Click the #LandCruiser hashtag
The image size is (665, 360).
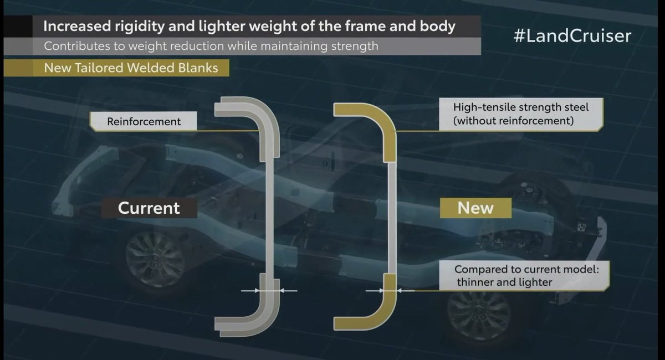572,37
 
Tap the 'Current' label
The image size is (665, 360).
149,208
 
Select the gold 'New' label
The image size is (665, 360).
475,208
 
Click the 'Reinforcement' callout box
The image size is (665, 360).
144,121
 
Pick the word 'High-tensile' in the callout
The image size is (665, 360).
483,107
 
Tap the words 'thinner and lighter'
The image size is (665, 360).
504,282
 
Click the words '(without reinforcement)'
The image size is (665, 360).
512,120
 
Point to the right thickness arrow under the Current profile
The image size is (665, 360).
288,290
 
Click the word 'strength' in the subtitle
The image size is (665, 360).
351,47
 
